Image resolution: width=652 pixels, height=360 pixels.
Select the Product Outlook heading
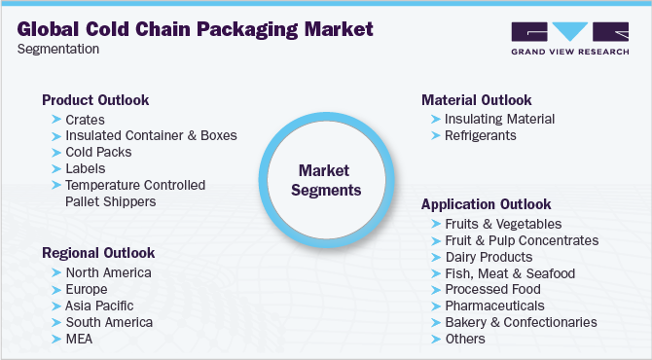pyautogui.click(x=95, y=100)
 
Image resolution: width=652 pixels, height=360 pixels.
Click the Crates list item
pyautogui.click(x=85, y=120)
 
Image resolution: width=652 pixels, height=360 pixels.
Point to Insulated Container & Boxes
pyautogui.click(x=151, y=136)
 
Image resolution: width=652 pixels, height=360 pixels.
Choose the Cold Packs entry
pyautogui.click(x=98, y=153)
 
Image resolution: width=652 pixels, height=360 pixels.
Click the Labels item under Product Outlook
pyautogui.click(x=87, y=169)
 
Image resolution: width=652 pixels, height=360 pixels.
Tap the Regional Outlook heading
pyautogui.click(x=98, y=253)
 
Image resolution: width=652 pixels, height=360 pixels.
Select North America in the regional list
pyautogui.click(x=108, y=272)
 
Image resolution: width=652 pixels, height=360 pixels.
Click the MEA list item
pyautogui.click(x=81, y=339)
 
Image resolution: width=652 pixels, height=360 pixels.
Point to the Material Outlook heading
pyautogui.click(x=477, y=100)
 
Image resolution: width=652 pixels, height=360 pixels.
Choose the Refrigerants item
pyautogui.click(x=481, y=136)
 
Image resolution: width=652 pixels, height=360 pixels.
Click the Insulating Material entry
pyautogui.click(x=499, y=120)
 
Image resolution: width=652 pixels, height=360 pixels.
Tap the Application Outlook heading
pyautogui.click(x=487, y=204)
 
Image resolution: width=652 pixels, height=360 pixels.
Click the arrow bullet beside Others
pyautogui.click(x=434, y=339)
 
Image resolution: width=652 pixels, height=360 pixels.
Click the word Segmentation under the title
pyautogui.click(x=57, y=49)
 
